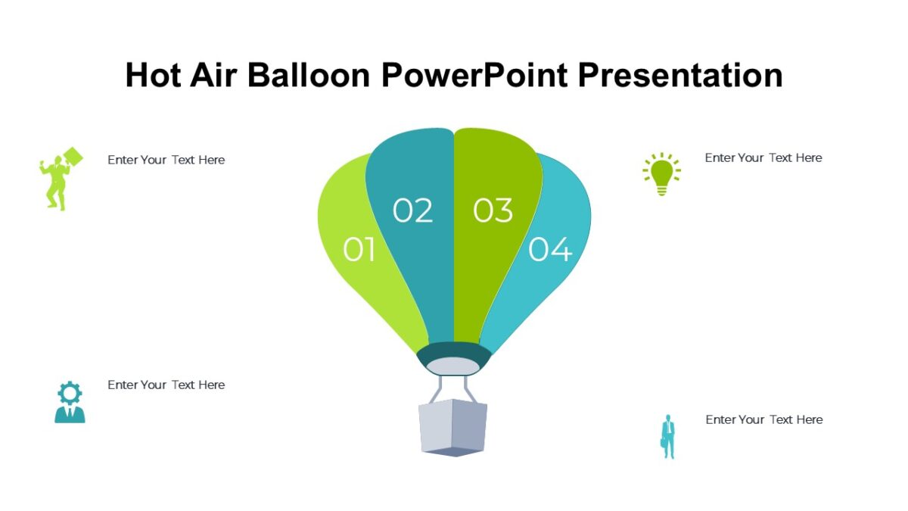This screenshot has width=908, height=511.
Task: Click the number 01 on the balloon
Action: coord(359,249)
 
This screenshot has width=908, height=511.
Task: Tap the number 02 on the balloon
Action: coord(412,210)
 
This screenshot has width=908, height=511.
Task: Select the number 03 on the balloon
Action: coord(493,210)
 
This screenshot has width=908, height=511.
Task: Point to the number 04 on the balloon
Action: coord(550,249)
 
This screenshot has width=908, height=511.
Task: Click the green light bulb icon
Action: coord(661,174)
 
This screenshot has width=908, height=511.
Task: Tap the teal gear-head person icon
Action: coord(70,402)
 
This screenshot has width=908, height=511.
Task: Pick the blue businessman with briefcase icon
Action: coord(667,436)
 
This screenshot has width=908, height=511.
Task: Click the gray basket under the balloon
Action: coord(452,428)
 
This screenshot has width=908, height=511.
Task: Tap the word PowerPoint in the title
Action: coord(474,75)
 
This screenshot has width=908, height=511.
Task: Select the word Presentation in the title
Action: coord(680,75)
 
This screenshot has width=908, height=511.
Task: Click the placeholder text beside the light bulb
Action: coord(763,157)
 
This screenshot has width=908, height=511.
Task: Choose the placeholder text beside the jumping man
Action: coord(166,160)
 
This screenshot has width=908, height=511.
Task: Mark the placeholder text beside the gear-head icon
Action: coord(166,385)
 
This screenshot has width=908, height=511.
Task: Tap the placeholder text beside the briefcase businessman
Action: coord(763,419)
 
